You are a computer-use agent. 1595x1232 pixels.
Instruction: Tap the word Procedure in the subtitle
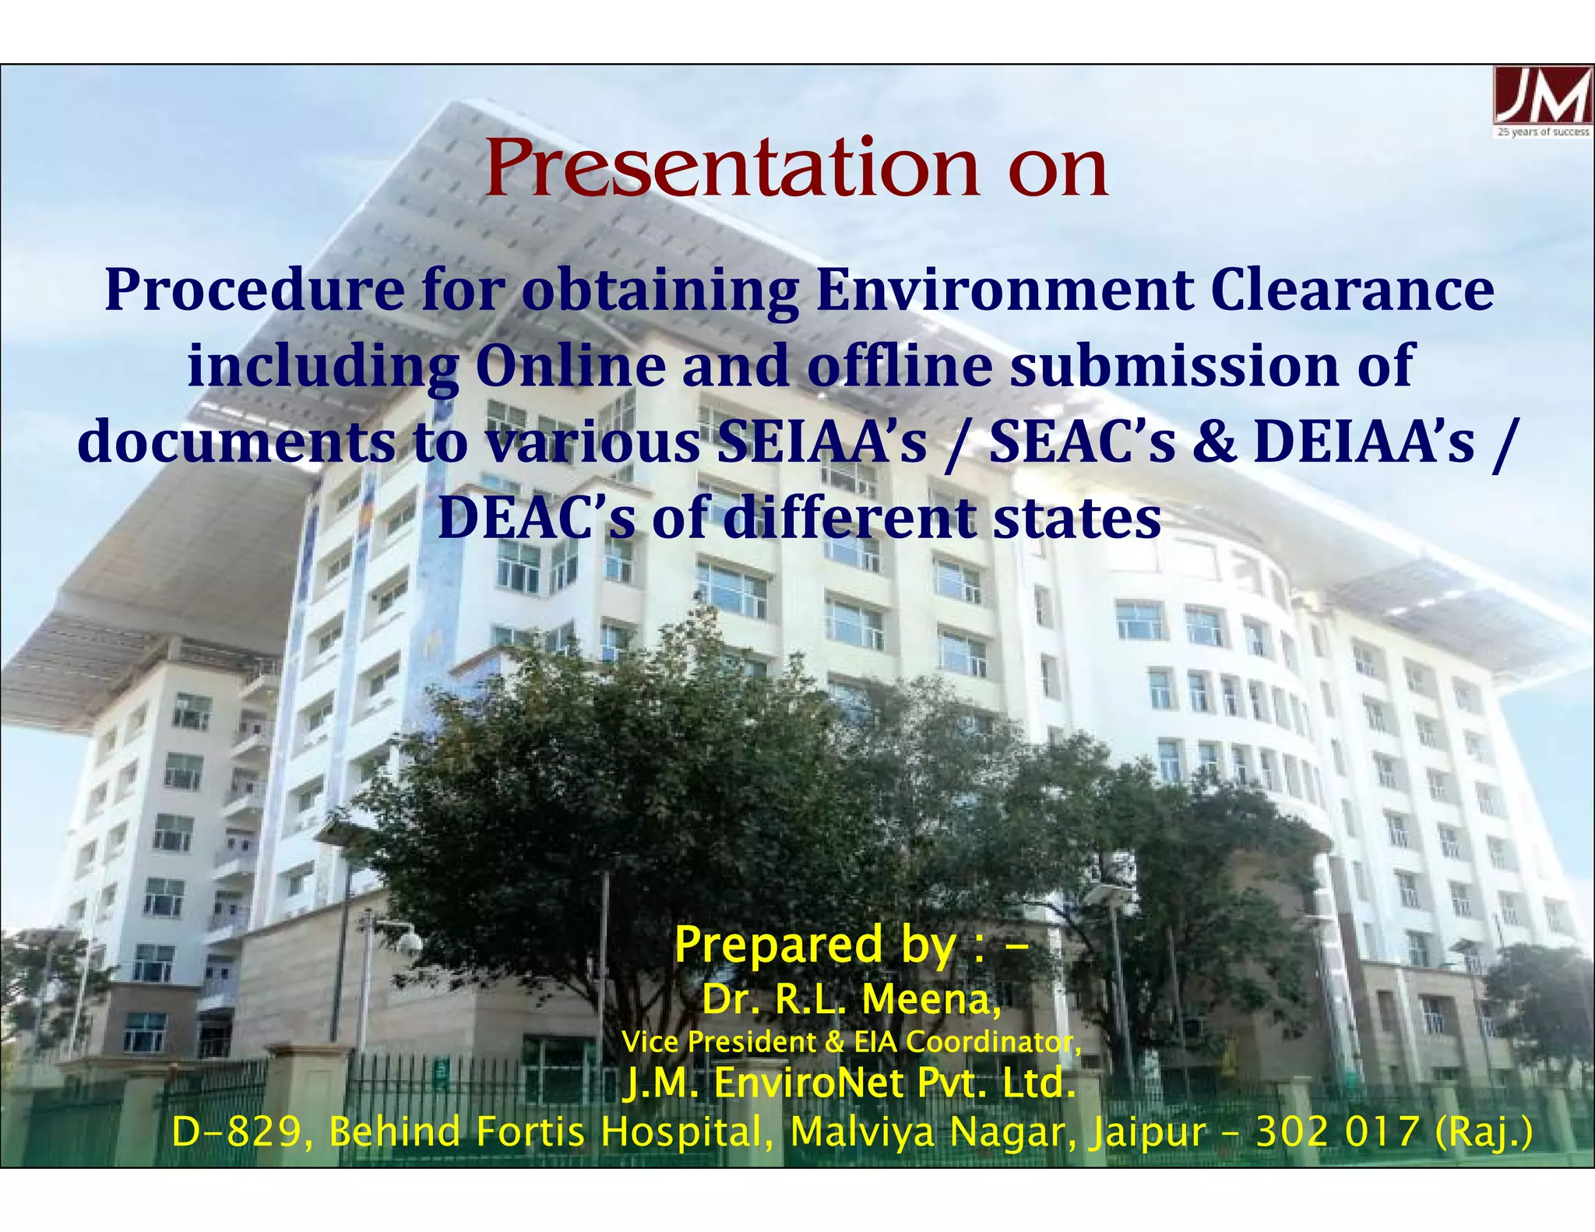[x=255, y=289]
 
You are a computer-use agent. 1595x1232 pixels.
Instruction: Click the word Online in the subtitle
[x=570, y=365]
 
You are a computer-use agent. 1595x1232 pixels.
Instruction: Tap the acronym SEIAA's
[x=822, y=442]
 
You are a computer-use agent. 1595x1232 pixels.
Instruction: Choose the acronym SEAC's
[x=1082, y=442]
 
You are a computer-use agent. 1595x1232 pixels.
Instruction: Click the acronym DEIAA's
[x=1364, y=442]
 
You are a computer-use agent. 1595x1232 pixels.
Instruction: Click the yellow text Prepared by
[x=814, y=945]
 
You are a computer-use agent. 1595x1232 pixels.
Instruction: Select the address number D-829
[x=234, y=1132]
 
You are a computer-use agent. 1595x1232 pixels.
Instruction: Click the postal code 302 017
[x=1336, y=1132]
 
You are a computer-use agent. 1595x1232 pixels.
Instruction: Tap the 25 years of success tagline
[x=1543, y=132]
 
